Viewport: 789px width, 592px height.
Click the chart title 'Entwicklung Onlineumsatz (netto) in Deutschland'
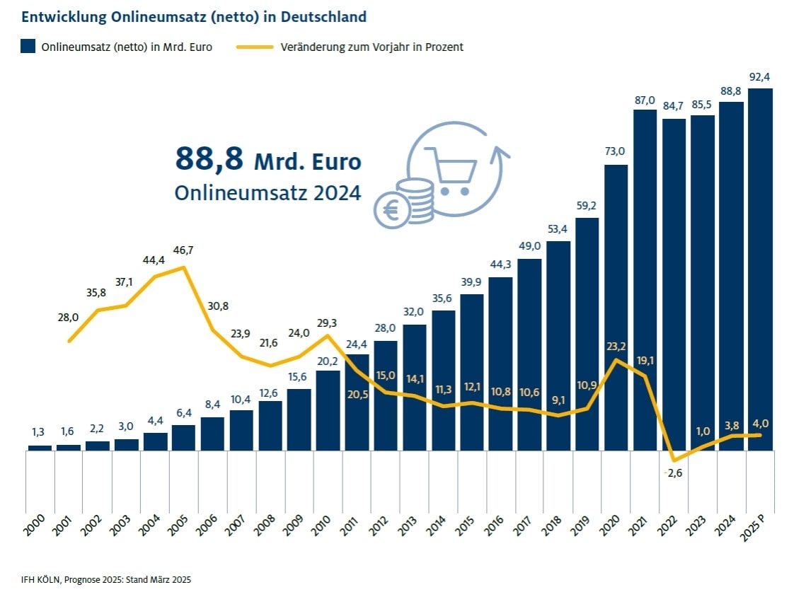click(x=194, y=16)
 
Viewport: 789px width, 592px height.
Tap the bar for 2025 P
click(x=760, y=269)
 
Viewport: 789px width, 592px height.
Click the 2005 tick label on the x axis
click(x=179, y=528)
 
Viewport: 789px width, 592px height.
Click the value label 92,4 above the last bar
click(x=761, y=76)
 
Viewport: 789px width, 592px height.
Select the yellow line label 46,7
click(x=187, y=251)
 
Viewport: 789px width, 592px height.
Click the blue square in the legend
click(x=28, y=47)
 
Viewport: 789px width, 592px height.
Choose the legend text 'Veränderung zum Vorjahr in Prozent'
click(x=372, y=47)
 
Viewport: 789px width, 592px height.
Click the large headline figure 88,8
click(x=209, y=160)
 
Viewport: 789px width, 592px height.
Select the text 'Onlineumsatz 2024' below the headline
click(x=267, y=192)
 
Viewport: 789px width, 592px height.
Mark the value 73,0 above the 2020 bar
click(x=616, y=151)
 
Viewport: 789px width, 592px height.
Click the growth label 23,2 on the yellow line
click(x=616, y=347)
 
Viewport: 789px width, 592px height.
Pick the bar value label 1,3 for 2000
click(x=40, y=432)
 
